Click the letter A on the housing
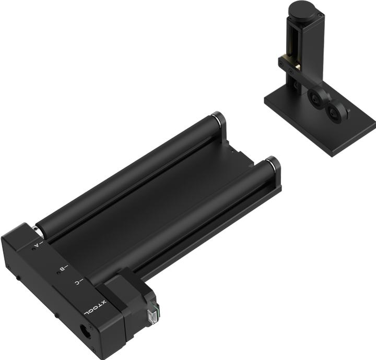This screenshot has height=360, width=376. point(37,243)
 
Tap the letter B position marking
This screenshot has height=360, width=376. point(62,269)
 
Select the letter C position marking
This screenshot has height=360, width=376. point(77,282)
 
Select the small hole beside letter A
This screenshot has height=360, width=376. point(33,249)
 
